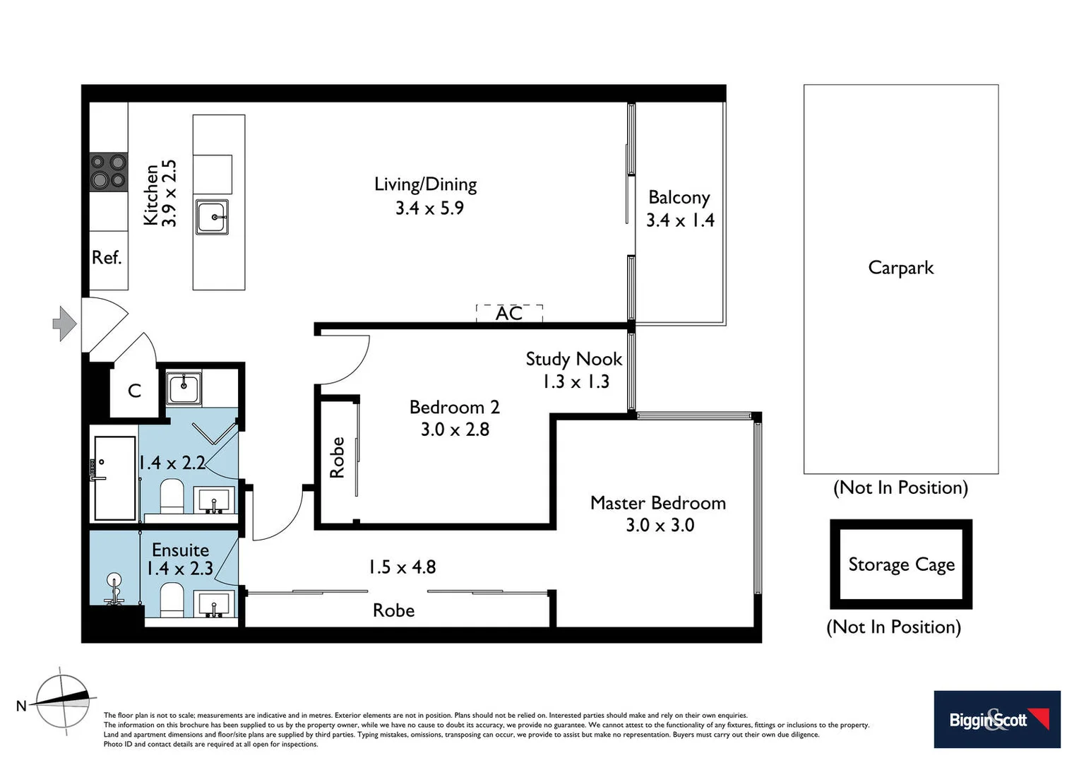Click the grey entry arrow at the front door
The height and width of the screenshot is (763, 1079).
(65, 324)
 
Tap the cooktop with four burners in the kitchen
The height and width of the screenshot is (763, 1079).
(108, 172)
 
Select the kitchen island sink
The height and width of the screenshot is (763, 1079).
(212, 217)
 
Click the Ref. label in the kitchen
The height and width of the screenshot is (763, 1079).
(107, 258)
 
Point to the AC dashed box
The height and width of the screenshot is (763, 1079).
(509, 313)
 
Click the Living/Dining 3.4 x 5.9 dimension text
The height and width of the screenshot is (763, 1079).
(429, 208)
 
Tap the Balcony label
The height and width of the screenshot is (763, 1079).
(679, 197)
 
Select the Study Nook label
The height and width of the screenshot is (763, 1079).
(573, 359)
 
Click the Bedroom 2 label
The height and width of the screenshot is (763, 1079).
(454, 407)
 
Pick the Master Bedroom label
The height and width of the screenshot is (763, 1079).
(657, 503)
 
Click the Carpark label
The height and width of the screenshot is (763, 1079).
(900, 268)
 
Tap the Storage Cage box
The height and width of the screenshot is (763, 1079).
(901, 564)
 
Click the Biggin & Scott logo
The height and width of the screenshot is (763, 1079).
(996, 719)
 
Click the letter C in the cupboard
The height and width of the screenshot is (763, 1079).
(134, 391)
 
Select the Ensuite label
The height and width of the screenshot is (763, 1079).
(180, 550)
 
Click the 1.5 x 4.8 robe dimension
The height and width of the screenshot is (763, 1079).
(402, 567)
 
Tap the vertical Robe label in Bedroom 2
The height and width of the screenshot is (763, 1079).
(338, 457)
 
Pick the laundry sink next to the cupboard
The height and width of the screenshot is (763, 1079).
(184, 389)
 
